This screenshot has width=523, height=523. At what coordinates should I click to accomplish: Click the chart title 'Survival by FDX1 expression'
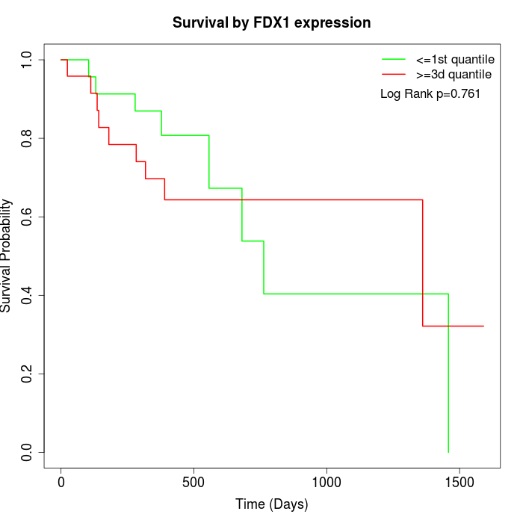[x=271, y=22]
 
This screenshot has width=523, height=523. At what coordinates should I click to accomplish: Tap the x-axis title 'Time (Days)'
[x=271, y=504]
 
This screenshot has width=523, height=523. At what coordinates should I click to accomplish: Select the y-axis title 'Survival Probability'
[x=7, y=256]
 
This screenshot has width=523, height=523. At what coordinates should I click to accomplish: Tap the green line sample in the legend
[x=394, y=59]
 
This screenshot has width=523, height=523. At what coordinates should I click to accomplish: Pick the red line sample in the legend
[x=394, y=74]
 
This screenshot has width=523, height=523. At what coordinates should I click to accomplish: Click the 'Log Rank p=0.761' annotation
[x=430, y=94]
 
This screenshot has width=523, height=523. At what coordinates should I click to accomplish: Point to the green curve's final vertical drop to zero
[x=448, y=374]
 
